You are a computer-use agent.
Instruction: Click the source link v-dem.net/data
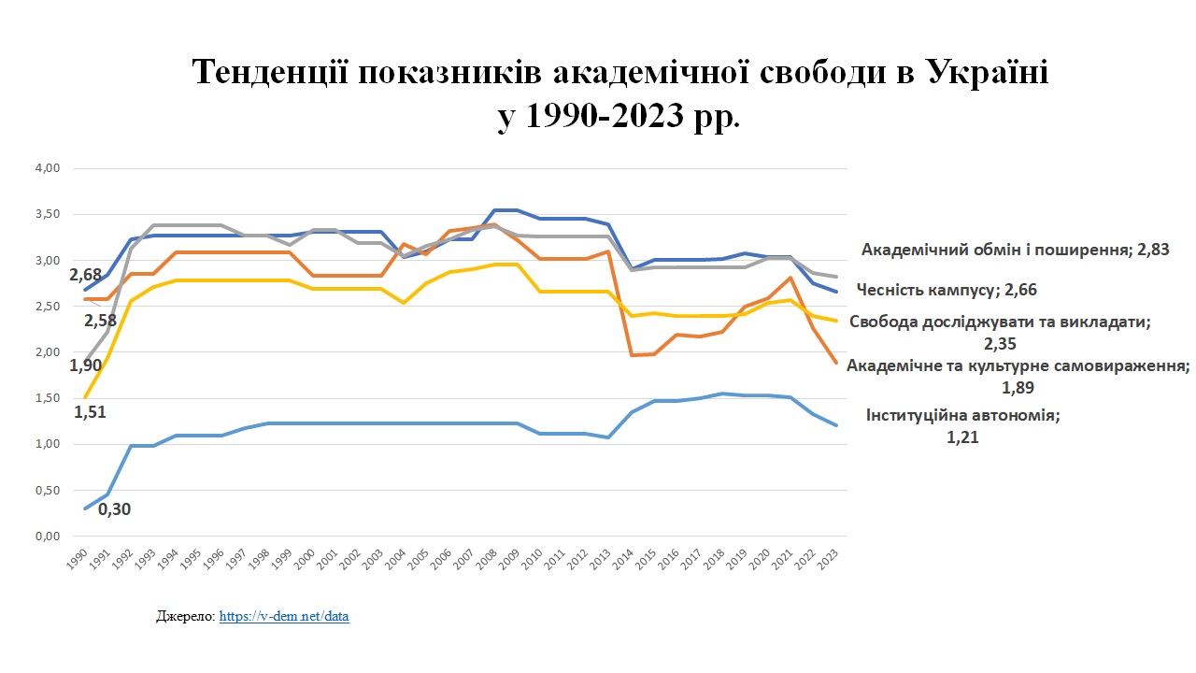point(284,617)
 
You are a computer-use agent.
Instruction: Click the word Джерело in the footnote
point(185,617)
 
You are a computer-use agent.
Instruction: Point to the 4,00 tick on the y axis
point(47,168)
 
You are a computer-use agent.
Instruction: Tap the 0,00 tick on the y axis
point(47,536)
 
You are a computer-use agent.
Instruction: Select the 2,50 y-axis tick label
point(47,307)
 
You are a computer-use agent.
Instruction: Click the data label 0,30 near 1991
point(113,509)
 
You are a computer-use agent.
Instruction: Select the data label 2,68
point(85,276)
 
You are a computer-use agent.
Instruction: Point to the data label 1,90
point(85,365)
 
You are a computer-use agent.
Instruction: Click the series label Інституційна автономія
point(962,416)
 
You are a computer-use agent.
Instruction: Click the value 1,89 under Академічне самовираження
point(1017,387)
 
